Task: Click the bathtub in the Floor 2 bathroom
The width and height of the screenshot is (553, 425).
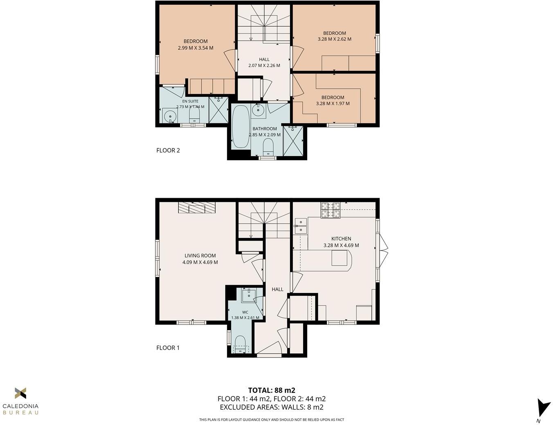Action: (x=240, y=127)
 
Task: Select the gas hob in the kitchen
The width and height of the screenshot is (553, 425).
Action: (x=330, y=210)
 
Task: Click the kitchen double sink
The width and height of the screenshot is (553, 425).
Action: (x=301, y=226)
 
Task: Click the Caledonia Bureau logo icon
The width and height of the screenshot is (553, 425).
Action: (x=20, y=393)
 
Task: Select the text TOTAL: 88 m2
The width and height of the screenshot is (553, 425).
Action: (x=272, y=390)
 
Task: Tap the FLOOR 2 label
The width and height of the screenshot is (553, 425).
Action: (x=168, y=150)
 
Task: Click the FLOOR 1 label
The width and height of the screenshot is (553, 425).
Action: (x=168, y=348)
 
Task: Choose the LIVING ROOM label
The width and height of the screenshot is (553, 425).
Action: (x=200, y=256)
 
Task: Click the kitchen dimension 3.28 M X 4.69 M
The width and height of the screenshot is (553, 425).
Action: (x=341, y=245)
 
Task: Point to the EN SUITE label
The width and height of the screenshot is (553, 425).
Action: (x=190, y=101)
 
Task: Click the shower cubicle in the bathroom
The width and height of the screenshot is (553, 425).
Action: (x=293, y=141)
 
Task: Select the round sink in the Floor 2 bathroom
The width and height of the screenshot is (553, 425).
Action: (x=258, y=110)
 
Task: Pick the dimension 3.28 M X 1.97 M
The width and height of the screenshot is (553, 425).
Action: (x=333, y=104)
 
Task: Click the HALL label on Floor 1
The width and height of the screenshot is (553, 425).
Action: (x=277, y=289)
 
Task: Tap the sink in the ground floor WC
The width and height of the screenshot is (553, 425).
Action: (x=248, y=295)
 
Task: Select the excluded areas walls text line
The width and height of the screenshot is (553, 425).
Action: (x=272, y=407)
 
